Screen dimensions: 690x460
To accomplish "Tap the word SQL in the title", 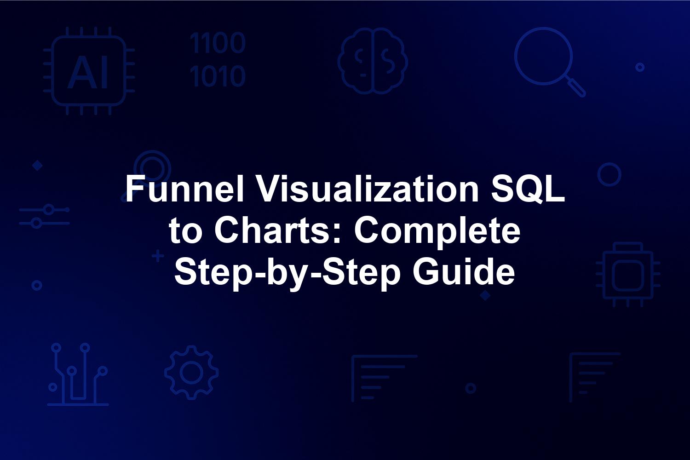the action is point(528,189).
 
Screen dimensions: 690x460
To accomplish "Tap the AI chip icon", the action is point(89,71).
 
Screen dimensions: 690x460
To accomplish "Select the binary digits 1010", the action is point(218,75).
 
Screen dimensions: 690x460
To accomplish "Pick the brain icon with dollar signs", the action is point(373,61).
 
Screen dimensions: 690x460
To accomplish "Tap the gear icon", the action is point(192,373).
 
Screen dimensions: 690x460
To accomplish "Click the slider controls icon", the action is point(44,216).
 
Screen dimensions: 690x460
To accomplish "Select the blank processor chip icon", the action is point(628,275).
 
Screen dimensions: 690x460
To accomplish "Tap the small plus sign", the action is point(158,256).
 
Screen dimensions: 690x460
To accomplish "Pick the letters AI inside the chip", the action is point(88,72).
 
